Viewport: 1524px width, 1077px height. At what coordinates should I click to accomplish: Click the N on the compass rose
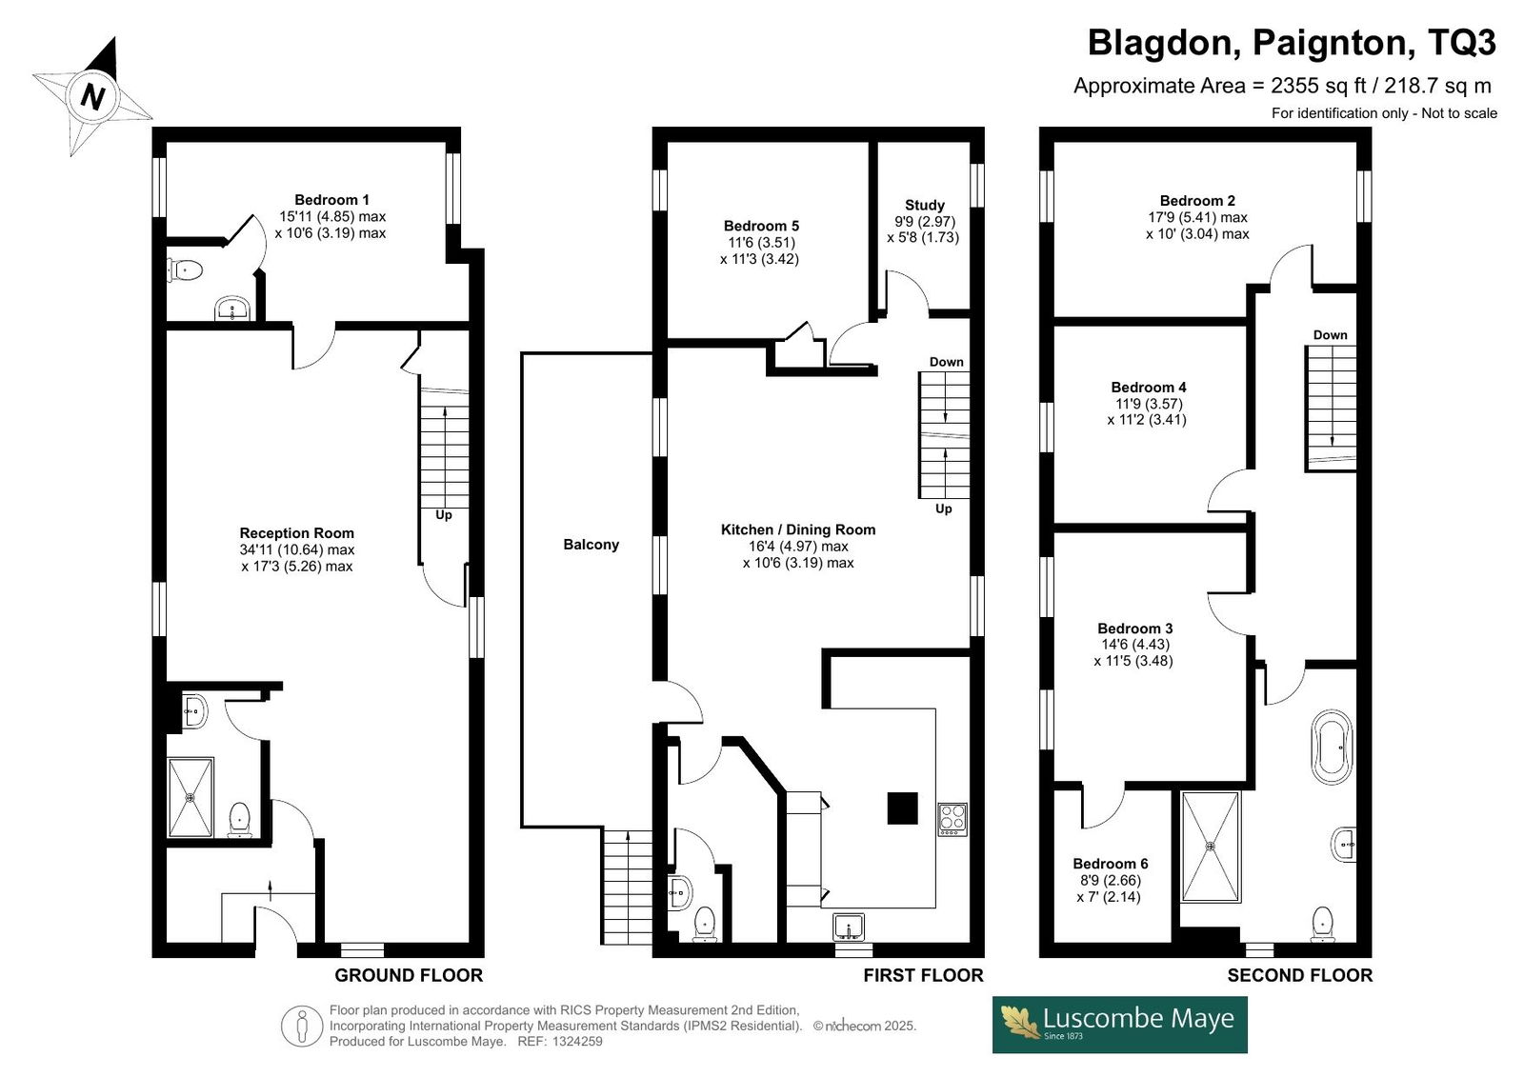93,96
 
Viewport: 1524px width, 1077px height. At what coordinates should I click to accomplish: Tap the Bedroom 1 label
331,200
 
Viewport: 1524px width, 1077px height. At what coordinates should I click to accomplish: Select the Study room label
924,205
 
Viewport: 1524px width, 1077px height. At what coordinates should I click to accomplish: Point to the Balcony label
591,545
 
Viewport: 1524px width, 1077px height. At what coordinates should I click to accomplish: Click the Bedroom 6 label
1111,864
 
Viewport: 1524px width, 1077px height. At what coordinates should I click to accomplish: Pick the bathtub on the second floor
1332,747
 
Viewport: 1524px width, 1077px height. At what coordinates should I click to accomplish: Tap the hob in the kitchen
952,819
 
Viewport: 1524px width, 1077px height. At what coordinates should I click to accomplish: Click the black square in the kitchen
902,808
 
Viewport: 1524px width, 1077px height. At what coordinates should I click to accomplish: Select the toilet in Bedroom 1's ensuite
185,270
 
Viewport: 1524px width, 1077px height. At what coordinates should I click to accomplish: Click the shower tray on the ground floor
190,797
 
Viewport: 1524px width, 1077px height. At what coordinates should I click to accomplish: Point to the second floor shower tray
1211,848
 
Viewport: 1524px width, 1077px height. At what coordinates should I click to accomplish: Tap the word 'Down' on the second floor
1330,335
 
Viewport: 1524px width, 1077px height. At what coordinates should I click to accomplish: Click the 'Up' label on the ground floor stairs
444,514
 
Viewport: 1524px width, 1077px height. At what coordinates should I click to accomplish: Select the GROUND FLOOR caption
409,975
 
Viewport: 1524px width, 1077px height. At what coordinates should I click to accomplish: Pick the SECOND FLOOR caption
1299,975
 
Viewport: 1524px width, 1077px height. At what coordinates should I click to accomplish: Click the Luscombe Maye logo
1119,1024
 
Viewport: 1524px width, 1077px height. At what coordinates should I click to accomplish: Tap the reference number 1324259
577,1041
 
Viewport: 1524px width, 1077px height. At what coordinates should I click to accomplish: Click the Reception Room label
296,532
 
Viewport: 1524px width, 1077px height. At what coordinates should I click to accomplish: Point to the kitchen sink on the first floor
849,927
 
